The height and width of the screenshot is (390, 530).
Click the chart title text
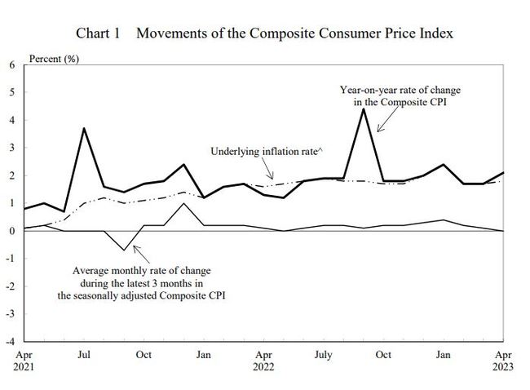[x=264, y=33]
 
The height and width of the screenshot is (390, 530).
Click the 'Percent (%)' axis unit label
[x=54, y=60]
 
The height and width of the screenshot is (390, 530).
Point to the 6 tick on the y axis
[x=11, y=64]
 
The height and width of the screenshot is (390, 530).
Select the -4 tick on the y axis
[x=10, y=341]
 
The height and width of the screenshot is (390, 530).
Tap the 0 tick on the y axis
[x=11, y=231]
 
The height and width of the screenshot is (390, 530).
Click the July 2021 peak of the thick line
[x=83, y=128]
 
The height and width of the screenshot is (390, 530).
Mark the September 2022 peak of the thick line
[x=364, y=109]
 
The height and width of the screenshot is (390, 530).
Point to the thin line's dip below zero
[x=123, y=250]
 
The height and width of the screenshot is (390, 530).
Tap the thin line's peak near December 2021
[x=183, y=203]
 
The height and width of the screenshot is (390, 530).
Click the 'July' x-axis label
[x=325, y=355]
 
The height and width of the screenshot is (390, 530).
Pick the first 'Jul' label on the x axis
[x=83, y=355]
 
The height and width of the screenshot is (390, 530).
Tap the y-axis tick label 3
[x=11, y=148]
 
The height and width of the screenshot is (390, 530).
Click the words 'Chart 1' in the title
[x=99, y=33]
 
